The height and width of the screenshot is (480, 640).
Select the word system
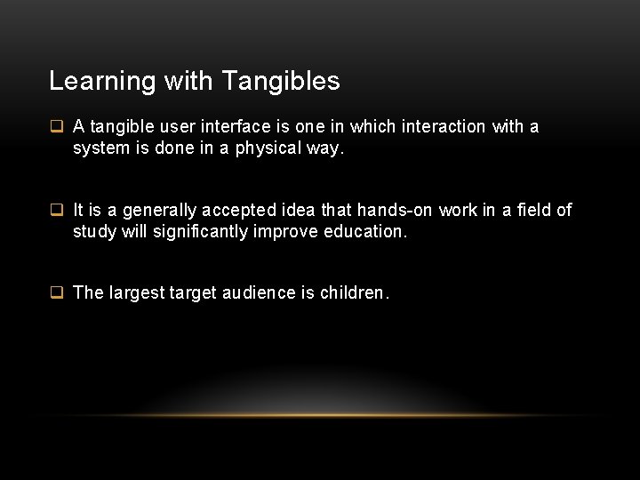[100, 149]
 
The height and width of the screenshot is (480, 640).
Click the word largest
[132, 293]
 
